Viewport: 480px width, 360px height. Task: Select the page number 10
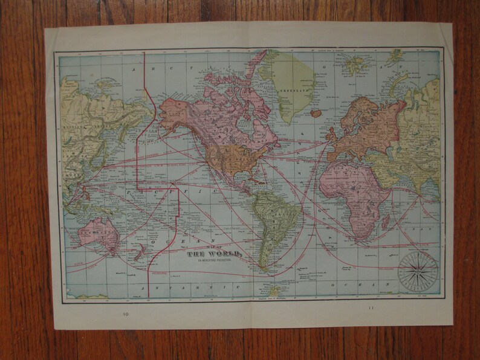125,313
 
